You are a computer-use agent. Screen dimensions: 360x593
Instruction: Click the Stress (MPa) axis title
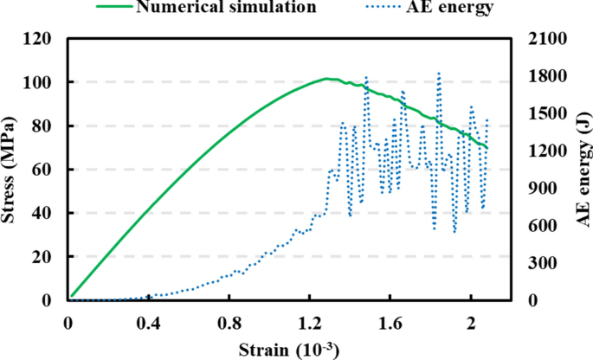(x=12, y=169)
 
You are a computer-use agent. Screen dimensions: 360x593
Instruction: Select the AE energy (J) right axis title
(x=581, y=169)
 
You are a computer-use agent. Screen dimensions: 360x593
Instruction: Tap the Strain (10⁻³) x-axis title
(x=289, y=350)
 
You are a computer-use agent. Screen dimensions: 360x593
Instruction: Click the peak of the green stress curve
(x=327, y=79)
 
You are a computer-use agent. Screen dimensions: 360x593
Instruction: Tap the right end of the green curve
(x=487, y=147)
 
